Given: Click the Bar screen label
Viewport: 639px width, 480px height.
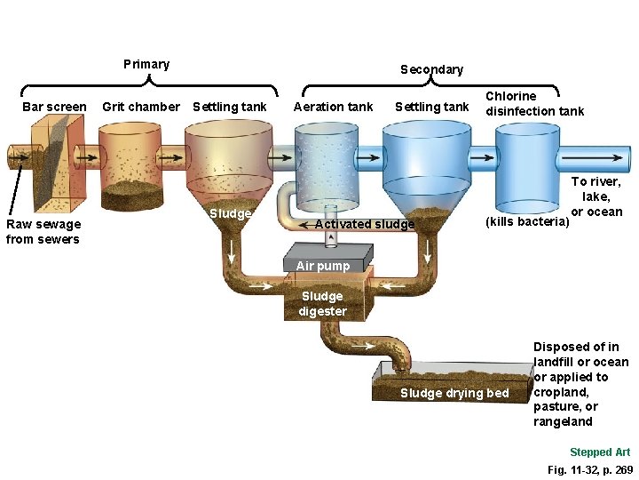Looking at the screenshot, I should pyautogui.click(x=54, y=108).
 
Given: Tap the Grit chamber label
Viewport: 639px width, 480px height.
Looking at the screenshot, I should pyautogui.click(x=140, y=108).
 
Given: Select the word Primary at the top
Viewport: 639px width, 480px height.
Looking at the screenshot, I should pyautogui.click(x=146, y=64).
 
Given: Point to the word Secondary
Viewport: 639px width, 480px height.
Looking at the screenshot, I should pyautogui.click(x=431, y=69).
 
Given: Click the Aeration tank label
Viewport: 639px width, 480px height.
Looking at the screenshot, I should pyautogui.click(x=333, y=108).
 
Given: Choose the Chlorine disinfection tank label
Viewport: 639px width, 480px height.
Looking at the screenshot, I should pyautogui.click(x=534, y=103).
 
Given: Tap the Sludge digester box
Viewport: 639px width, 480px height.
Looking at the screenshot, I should pyautogui.click(x=323, y=303).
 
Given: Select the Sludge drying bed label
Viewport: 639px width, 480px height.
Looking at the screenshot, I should pyautogui.click(x=454, y=394).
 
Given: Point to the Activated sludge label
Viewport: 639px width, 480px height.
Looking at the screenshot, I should pyautogui.click(x=365, y=224).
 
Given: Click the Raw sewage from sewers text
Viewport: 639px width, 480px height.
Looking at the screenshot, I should pyautogui.click(x=43, y=232).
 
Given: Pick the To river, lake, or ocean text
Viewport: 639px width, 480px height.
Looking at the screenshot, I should pyautogui.click(x=596, y=196).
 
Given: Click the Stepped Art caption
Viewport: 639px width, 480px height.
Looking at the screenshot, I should pyautogui.click(x=600, y=452).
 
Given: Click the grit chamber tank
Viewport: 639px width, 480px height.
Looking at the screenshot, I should pyautogui.click(x=130, y=164).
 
